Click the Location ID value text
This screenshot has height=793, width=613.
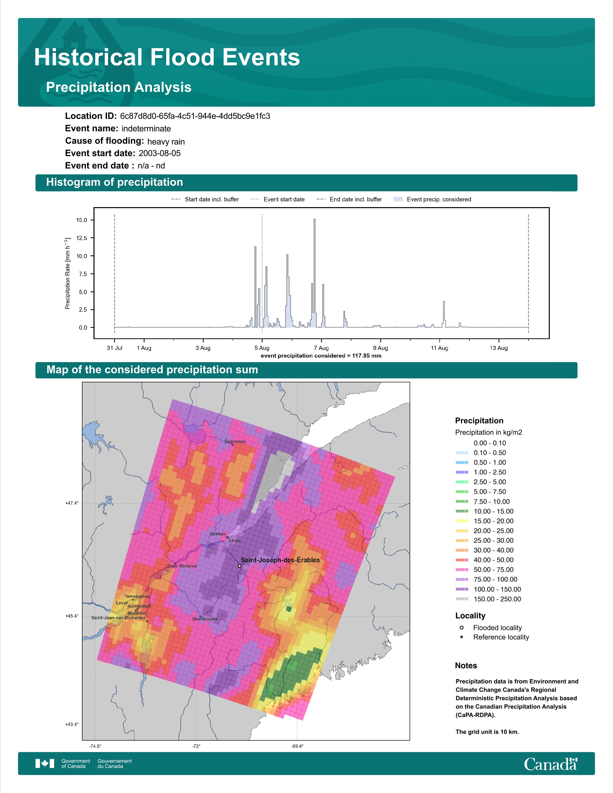click(195, 116)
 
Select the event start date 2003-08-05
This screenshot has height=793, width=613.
click(159, 153)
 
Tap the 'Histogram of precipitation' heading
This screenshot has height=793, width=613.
click(114, 182)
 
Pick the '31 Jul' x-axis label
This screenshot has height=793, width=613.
click(114, 348)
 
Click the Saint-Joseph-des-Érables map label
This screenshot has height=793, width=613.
click(280, 560)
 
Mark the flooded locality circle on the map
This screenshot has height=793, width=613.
click(240, 566)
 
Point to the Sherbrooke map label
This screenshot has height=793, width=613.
click(205, 619)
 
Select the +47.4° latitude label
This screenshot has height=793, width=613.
click(72, 503)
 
